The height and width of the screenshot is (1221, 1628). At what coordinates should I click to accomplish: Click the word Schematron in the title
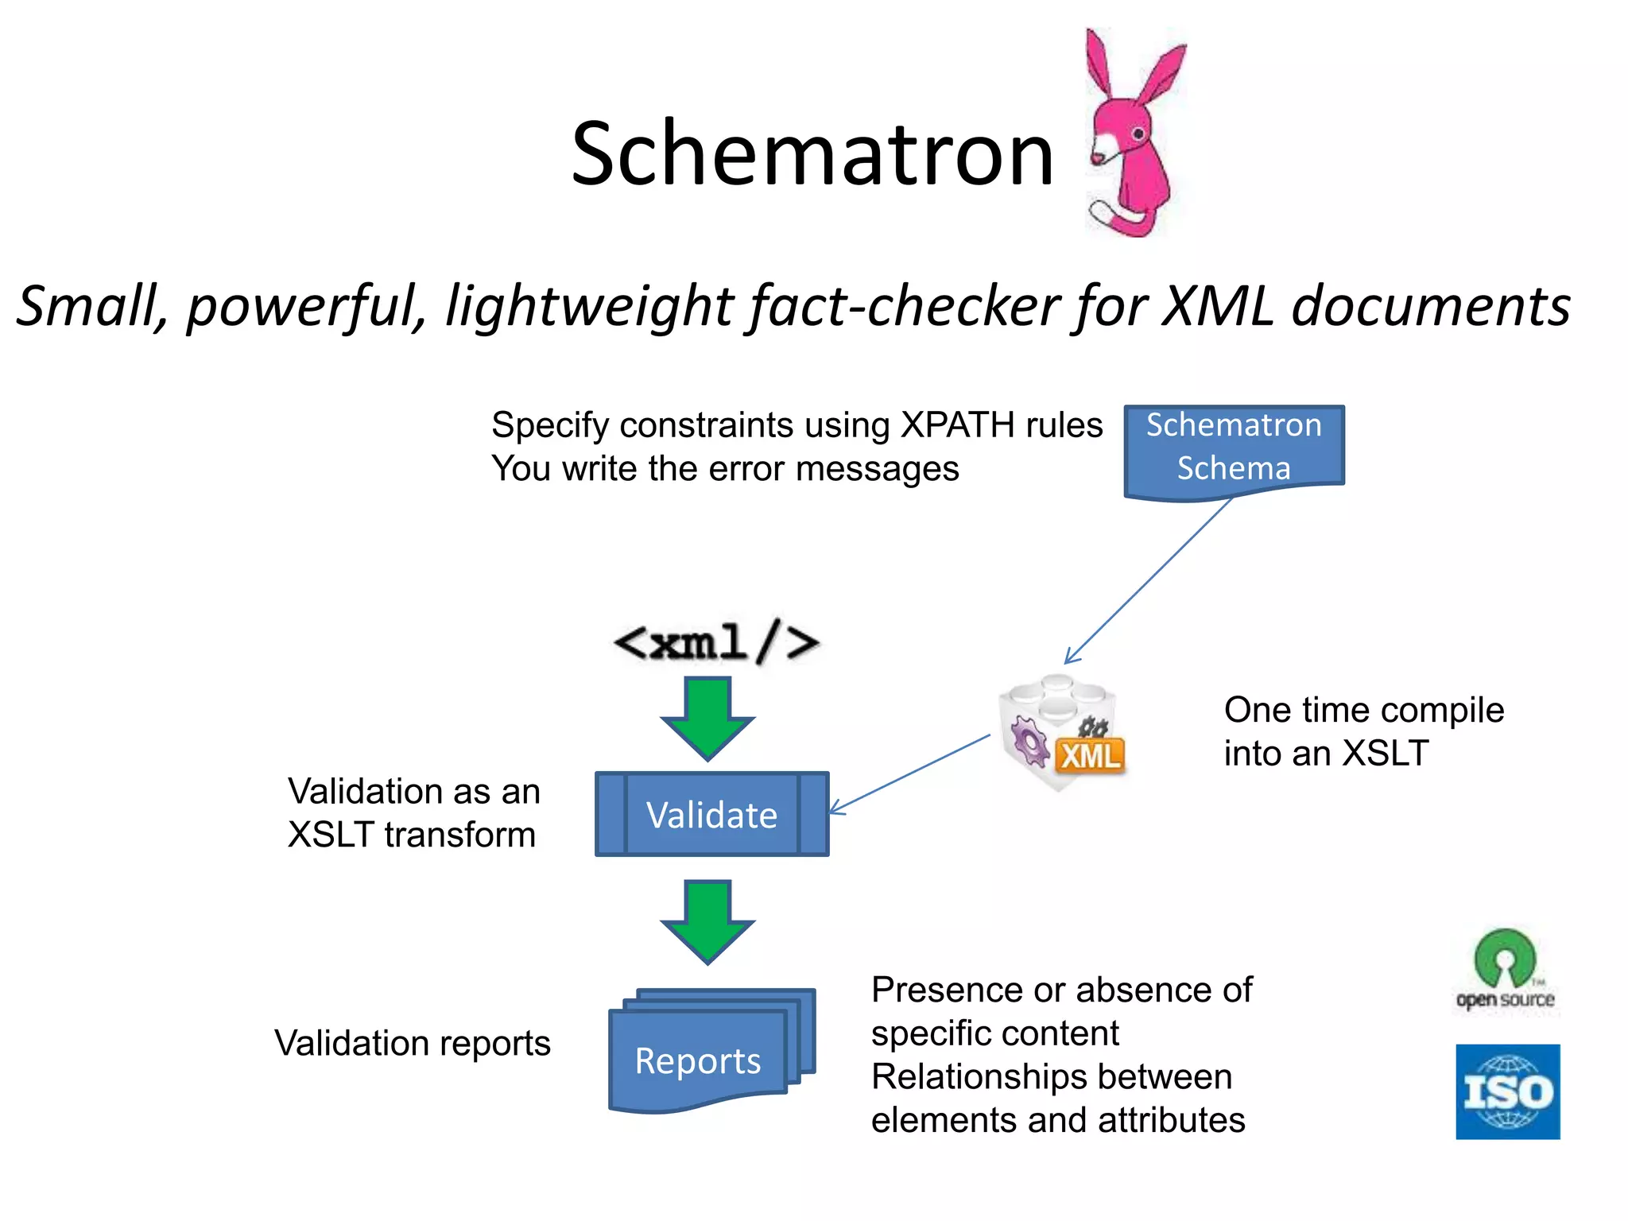click(812, 153)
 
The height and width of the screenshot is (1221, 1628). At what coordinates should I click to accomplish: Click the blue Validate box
click(711, 814)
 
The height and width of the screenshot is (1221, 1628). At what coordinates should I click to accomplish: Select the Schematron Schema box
click(1233, 448)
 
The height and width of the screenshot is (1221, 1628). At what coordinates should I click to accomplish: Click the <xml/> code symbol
click(715, 642)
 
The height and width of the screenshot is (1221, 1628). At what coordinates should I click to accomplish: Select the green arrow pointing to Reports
click(707, 921)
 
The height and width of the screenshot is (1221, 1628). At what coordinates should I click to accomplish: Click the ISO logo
click(1507, 1091)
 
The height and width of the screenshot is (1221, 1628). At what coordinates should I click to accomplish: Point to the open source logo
click(1505, 971)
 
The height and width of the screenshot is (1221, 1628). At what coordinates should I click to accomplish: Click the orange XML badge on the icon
click(1090, 755)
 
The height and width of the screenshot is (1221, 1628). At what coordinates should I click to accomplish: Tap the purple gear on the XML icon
click(1029, 740)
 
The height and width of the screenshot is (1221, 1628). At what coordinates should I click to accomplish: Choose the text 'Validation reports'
click(412, 1043)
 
